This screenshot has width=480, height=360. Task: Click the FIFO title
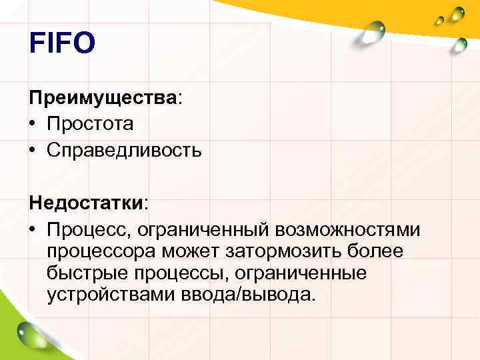click(x=63, y=45)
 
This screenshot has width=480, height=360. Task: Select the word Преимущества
click(x=103, y=98)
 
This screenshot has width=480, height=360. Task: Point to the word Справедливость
click(x=124, y=150)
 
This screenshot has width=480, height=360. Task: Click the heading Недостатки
click(x=87, y=202)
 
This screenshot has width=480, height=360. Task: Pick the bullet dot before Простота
click(x=33, y=124)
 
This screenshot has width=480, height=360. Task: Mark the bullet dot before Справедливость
click(x=33, y=150)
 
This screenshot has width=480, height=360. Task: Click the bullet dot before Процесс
click(x=33, y=229)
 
